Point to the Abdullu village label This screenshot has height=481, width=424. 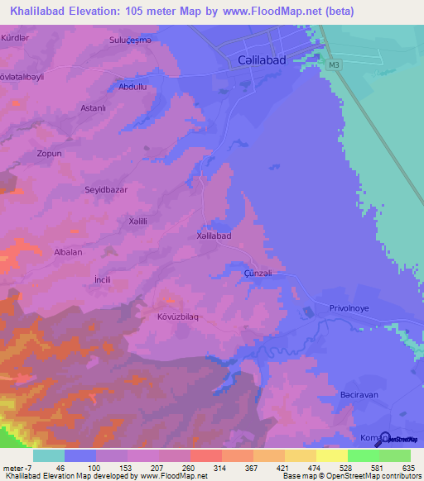(132, 86)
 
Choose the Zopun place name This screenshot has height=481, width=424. (50, 155)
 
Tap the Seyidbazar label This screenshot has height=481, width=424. (106, 189)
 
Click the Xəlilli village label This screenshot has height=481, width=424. (132, 221)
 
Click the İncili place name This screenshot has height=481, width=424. (104, 281)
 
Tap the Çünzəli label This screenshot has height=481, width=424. (258, 274)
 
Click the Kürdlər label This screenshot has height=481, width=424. (16, 38)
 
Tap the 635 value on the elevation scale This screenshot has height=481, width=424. (405, 468)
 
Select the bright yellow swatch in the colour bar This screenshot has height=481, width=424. (332, 455)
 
